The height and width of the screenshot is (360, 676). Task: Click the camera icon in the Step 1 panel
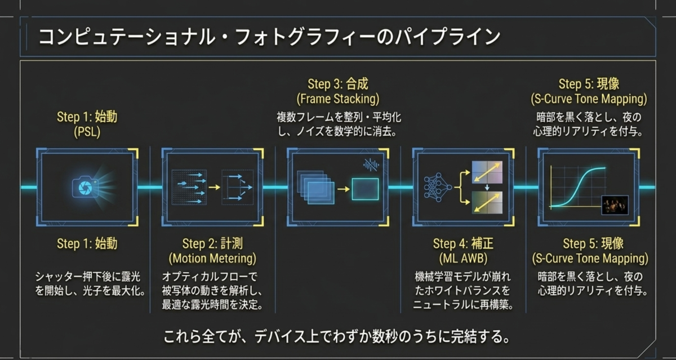click(x=86, y=188)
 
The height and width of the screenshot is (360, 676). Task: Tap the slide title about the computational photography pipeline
click(x=269, y=37)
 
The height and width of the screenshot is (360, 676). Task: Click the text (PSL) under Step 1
click(x=87, y=132)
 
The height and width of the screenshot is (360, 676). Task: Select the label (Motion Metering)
click(x=212, y=259)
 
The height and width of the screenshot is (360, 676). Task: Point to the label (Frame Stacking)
click(x=337, y=99)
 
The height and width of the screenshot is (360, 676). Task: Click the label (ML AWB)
click(x=463, y=259)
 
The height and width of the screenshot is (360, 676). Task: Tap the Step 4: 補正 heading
click(x=463, y=243)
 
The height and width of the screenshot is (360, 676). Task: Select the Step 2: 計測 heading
click(x=212, y=243)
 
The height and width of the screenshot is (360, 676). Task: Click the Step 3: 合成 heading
click(x=337, y=84)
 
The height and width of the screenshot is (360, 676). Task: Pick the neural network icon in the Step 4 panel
click(x=438, y=188)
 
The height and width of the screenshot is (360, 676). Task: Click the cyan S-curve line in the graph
click(x=578, y=188)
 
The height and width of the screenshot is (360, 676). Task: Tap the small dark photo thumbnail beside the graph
click(x=615, y=205)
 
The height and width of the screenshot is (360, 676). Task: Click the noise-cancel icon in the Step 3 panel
click(x=371, y=165)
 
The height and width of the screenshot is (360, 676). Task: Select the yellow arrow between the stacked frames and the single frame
click(x=344, y=189)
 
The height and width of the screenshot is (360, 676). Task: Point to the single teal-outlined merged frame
click(x=365, y=189)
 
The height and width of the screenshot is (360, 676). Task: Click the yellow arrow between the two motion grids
click(x=214, y=188)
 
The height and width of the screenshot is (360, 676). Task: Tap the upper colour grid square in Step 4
click(x=487, y=172)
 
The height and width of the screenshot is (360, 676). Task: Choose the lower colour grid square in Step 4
click(x=487, y=202)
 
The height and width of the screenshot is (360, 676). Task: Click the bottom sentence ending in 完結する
click(x=336, y=337)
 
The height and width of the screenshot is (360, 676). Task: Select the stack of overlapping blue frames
click(x=315, y=188)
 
